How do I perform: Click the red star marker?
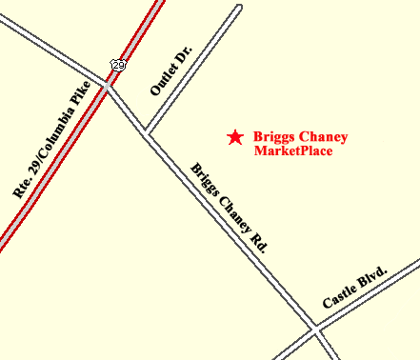pyautogui.click(x=234, y=137)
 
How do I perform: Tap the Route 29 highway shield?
pyautogui.click(x=117, y=64)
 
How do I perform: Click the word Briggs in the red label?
pyautogui.click(x=275, y=137)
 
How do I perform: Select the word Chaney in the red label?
pyautogui.click(x=324, y=137)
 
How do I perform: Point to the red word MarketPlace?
pyautogui.click(x=292, y=151)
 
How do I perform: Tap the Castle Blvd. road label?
pyautogui.click(x=355, y=287)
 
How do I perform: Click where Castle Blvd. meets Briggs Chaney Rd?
pyautogui.click(x=316, y=328)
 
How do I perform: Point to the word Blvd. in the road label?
pyautogui.click(x=373, y=276)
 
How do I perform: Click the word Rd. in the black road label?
pyautogui.click(x=258, y=240)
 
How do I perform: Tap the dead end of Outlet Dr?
pyautogui.click(x=239, y=7)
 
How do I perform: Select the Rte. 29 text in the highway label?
pyautogui.click(x=27, y=176)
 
